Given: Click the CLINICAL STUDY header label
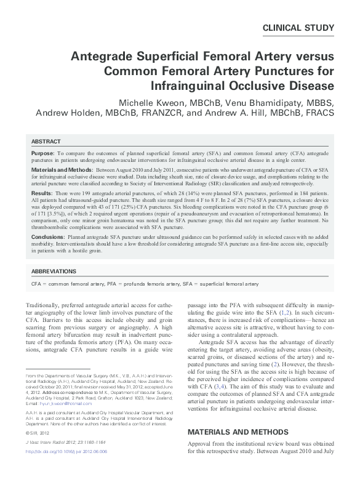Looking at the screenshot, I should [x=298, y=28].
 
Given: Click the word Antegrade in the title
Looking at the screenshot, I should [x=102, y=57].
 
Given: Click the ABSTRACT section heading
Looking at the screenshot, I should [x=46, y=141].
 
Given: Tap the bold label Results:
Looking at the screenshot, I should [x=42, y=193].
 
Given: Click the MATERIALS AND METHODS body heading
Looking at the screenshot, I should [x=238, y=432].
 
